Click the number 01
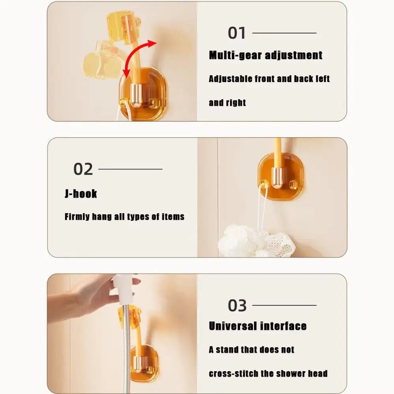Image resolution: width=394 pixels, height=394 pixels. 236,33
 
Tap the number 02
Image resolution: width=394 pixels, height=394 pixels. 83,169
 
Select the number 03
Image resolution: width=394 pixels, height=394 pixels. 237,305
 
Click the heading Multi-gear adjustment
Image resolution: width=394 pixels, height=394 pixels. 265,55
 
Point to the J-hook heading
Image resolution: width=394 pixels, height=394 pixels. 81,193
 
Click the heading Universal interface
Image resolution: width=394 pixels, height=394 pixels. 258,326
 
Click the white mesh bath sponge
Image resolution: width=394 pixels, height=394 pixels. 255,242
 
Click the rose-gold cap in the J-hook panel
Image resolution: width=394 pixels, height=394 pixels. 277,178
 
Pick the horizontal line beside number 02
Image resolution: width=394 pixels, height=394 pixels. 130,169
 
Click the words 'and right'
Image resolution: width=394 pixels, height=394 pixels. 227,103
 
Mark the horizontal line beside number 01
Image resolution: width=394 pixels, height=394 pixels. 284,33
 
